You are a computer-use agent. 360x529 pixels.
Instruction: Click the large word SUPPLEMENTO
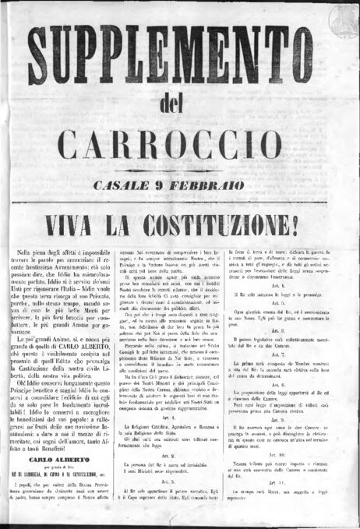180,55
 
